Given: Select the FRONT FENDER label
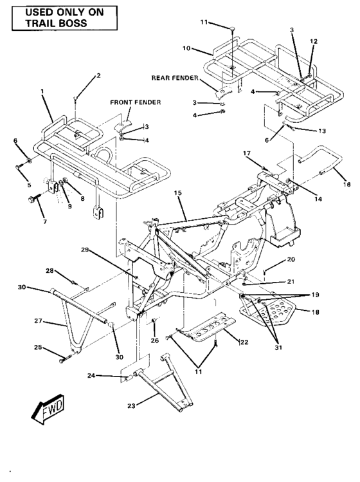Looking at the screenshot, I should coord(135,102).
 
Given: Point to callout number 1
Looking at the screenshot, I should coord(42,92).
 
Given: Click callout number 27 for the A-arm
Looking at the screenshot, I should coord(37,320).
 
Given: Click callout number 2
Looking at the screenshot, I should coord(98,76).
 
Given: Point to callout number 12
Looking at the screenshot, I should coord(313,41).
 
